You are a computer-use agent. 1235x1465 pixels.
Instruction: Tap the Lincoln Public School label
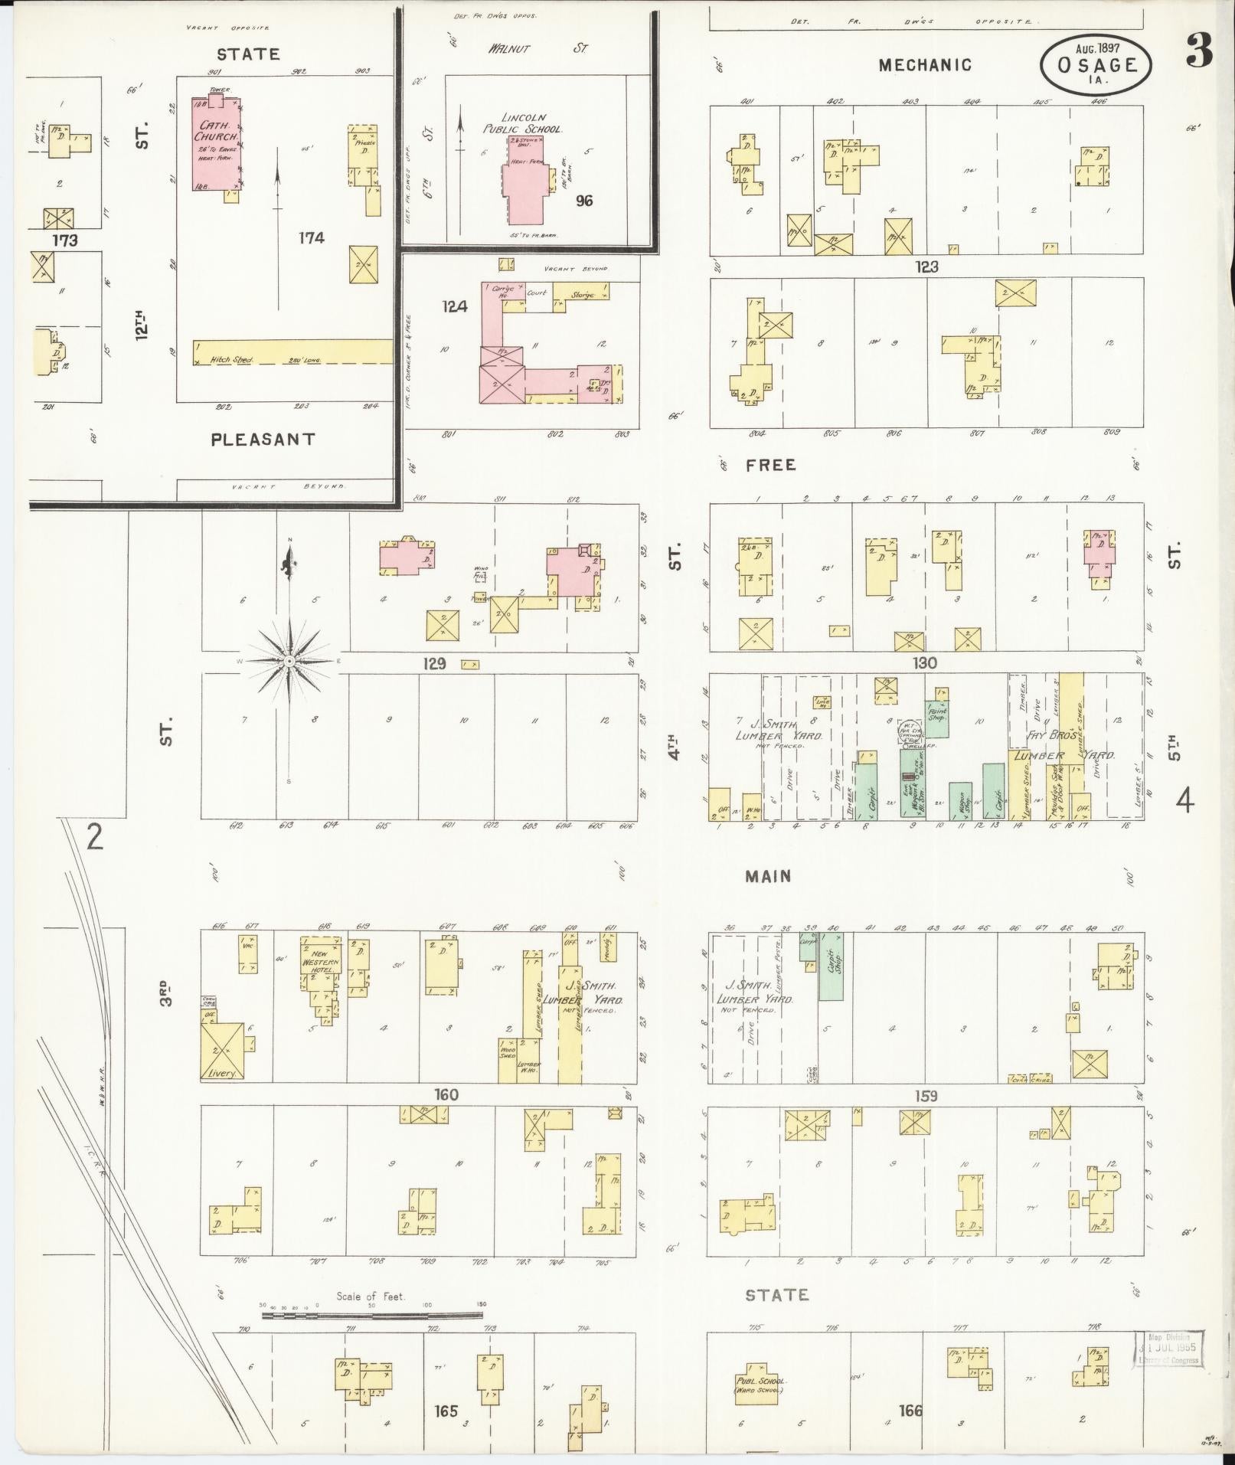point(522,123)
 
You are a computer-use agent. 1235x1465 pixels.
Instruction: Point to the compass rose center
point(290,660)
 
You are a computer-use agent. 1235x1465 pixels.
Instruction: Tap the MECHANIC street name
point(925,65)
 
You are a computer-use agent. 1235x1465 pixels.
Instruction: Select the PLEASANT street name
point(263,440)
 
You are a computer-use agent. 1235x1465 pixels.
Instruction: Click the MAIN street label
point(768,876)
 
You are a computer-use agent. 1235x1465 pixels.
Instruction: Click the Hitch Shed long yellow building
point(292,352)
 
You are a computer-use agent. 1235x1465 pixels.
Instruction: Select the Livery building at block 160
point(223,1051)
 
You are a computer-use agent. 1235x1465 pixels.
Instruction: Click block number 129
point(433,664)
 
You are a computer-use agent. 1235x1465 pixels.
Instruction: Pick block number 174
point(312,238)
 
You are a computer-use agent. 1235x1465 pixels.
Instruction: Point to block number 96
point(585,201)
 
